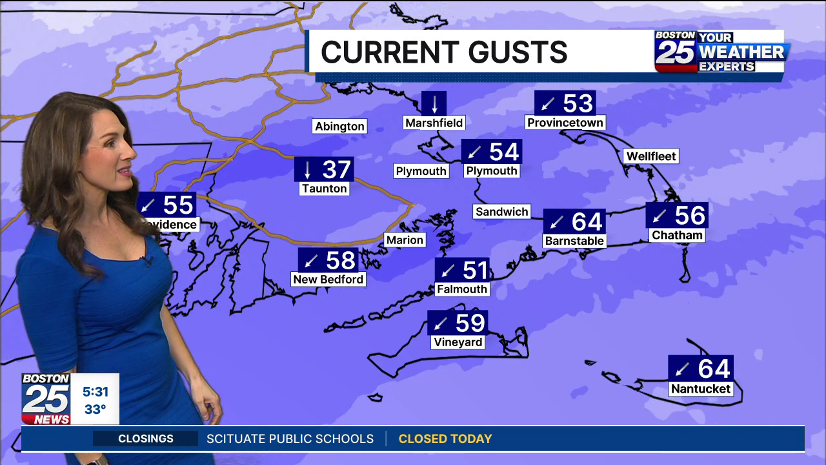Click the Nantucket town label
click(x=700, y=389)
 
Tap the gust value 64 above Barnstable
click(x=587, y=222)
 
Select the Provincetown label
click(x=565, y=123)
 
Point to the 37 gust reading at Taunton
click(x=336, y=170)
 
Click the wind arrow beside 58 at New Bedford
click(x=312, y=261)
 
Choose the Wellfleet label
click(x=651, y=156)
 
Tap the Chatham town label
click(x=677, y=235)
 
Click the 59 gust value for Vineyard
click(x=470, y=322)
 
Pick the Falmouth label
click(x=461, y=289)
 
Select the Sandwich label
click(x=501, y=212)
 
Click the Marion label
click(x=405, y=240)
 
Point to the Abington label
click(x=339, y=127)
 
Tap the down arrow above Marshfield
click(x=434, y=103)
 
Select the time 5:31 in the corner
click(x=95, y=391)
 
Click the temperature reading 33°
click(x=95, y=409)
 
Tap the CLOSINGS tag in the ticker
click(x=146, y=439)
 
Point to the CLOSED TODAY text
click(x=445, y=439)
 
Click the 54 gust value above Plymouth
click(x=503, y=152)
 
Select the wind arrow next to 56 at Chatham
click(x=660, y=216)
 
